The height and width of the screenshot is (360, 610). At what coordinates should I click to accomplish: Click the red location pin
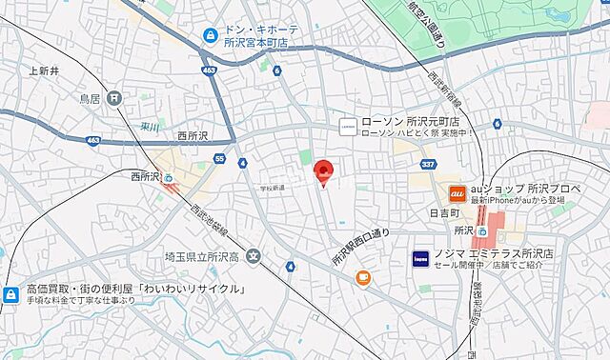pyautogui.click(x=324, y=171)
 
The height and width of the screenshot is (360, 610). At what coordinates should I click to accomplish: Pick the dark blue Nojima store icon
pyautogui.click(x=419, y=258)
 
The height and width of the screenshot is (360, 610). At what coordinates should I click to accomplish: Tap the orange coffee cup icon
pyautogui.click(x=363, y=277)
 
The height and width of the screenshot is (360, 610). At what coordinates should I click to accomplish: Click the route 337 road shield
pyautogui.click(x=429, y=165)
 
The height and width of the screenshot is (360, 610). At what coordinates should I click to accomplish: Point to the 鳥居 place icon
pyautogui.click(x=115, y=97)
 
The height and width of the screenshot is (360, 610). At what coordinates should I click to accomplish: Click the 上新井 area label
pyautogui.click(x=44, y=70)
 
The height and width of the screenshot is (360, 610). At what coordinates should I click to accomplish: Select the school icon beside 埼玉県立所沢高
pyautogui.click(x=253, y=254)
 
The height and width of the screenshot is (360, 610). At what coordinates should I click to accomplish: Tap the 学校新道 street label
pyautogui.click(x=272, y=188)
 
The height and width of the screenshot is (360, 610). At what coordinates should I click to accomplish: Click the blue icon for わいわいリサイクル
pyautogui.click(x=11, y=294)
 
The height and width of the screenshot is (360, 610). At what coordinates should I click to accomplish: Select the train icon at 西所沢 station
pyautogui.click(x=169, y=177)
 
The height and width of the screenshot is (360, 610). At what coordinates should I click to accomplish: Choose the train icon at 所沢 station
pyautogui.click(x=483, y=230)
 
